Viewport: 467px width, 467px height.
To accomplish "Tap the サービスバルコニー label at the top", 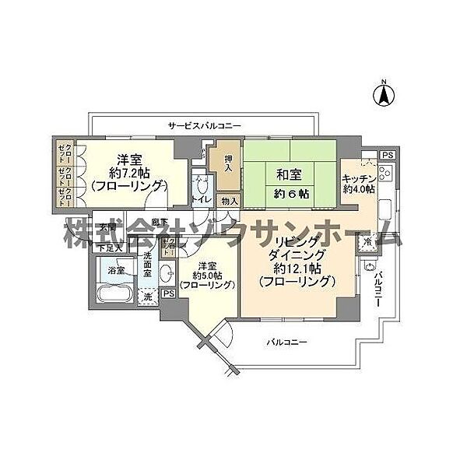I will [x=205, y=125].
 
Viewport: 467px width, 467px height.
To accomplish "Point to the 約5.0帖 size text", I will [x=207, y=275].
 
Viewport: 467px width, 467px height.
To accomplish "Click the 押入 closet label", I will [x=228, y=162].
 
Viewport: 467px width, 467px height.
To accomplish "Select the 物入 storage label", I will [x=229, y=202].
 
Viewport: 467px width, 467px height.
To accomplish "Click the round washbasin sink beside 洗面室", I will [x=167, y=272].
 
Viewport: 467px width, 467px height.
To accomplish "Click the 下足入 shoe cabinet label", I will [x=108, y=247].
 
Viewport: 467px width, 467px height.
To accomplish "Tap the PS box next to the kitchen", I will [x=387, y=156].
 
